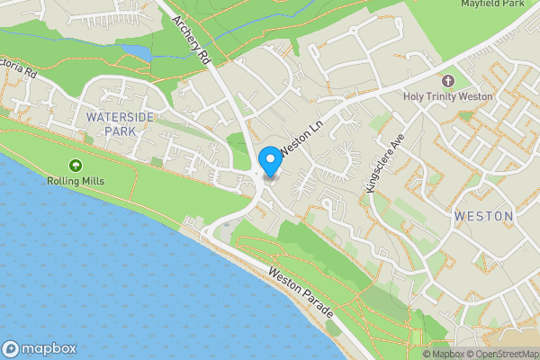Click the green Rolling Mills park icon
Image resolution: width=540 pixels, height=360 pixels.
pyautogui.click(x=76, y=165)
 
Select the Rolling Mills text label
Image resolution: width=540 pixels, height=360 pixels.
pyautogui.click(x=76, y=181)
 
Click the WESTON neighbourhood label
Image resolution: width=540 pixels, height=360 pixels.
pyautogui.click(x=483, y=216)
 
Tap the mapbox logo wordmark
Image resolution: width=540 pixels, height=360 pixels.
pyautogui.click(x=49, y=349)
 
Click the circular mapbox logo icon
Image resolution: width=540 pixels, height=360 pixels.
pyautogui.click(x=11, y=349)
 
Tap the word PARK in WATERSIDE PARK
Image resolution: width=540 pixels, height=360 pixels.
pyautogui.click(x=119, y=131)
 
